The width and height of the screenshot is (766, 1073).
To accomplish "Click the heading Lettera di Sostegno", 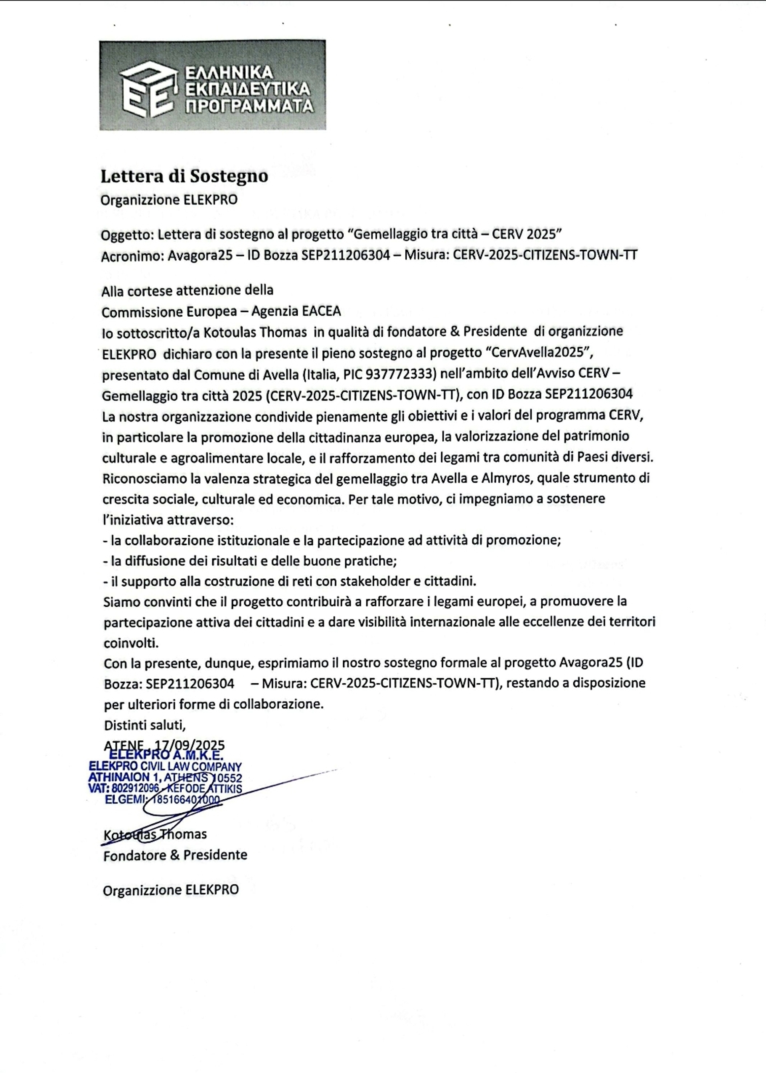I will (184, 176).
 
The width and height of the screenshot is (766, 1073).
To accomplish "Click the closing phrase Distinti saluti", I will (145, 724).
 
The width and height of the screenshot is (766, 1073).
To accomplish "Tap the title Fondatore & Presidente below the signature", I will (175, 855).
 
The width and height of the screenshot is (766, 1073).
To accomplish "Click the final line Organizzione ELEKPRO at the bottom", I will (171, 890).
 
